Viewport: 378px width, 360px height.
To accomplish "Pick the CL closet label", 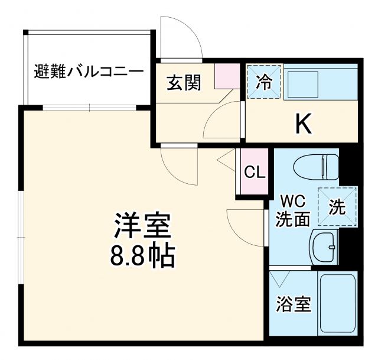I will (255, 172).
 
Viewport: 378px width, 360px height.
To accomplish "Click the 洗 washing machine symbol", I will (337, 206).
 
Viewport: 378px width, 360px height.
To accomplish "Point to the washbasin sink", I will (323, 246).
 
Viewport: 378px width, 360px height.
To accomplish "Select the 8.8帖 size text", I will (142, 255).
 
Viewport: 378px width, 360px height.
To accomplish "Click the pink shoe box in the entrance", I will (224, 76).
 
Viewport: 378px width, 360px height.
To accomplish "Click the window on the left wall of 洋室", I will (21, 236).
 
